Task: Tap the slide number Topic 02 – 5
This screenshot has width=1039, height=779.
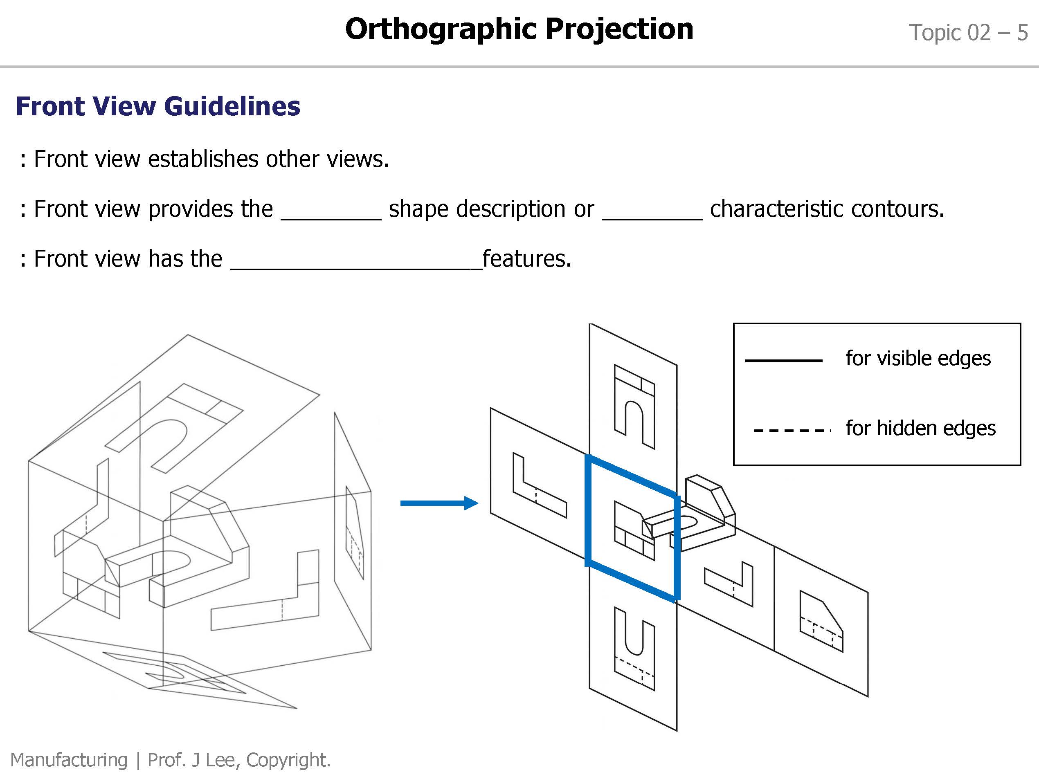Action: pyautogui.click(x=967, y=33)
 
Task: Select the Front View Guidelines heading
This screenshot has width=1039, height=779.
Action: pyautogui.click(x=158, y=106)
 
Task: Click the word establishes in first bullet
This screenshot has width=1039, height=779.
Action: pyautogui.click(x=203, y=159)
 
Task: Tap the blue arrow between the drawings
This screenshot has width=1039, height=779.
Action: pyautogui.click(x=439, y=503)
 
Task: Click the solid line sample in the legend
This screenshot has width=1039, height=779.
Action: pyautogui.click(x=783, y=361)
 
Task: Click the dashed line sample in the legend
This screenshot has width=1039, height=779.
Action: pyautogui.click(x=792, y=430)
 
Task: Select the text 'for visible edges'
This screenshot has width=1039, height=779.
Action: pyautogui.click(x=918, y=358)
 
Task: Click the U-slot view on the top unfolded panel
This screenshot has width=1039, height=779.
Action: pyautogui.click(x=634, y=406)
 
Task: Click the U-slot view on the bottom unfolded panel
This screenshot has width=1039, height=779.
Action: pyautogui.click(x=634, y=648)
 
